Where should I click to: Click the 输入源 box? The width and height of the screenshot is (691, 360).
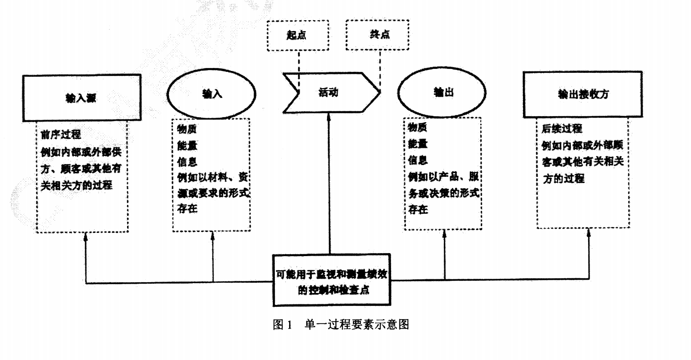coord(82,97)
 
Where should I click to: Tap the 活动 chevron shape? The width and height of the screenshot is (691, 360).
coord(329,92)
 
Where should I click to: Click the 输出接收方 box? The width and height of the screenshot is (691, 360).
coord(583,94)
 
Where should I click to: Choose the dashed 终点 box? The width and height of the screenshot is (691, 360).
coord(377,35)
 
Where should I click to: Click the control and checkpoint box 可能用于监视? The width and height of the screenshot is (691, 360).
coord(331,279)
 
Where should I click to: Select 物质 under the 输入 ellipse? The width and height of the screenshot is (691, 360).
coord(186,131)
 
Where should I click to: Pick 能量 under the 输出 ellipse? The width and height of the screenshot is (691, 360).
coord(417,144)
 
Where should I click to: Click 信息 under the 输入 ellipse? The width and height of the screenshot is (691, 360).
coord(186,161)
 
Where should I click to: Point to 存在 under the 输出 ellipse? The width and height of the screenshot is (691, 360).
coord(417,209)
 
